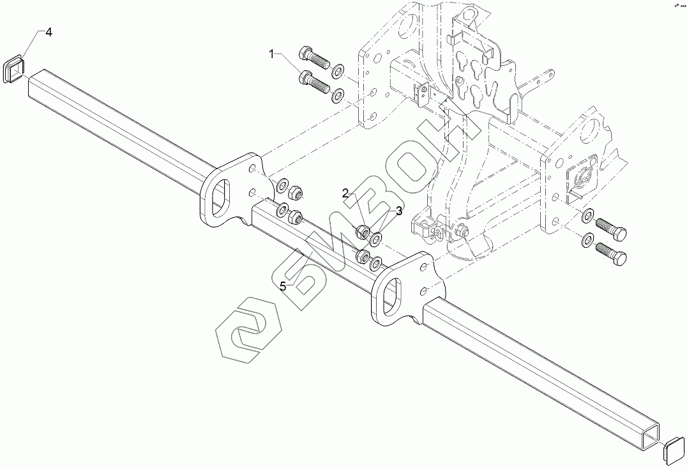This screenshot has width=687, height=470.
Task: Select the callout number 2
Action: tap(345, 193)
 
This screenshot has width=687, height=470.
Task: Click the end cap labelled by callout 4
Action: tap(13, 68)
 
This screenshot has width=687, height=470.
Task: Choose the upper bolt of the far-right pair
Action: tap(610, 227)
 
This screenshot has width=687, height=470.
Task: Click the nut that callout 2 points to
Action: tap(361, 231)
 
